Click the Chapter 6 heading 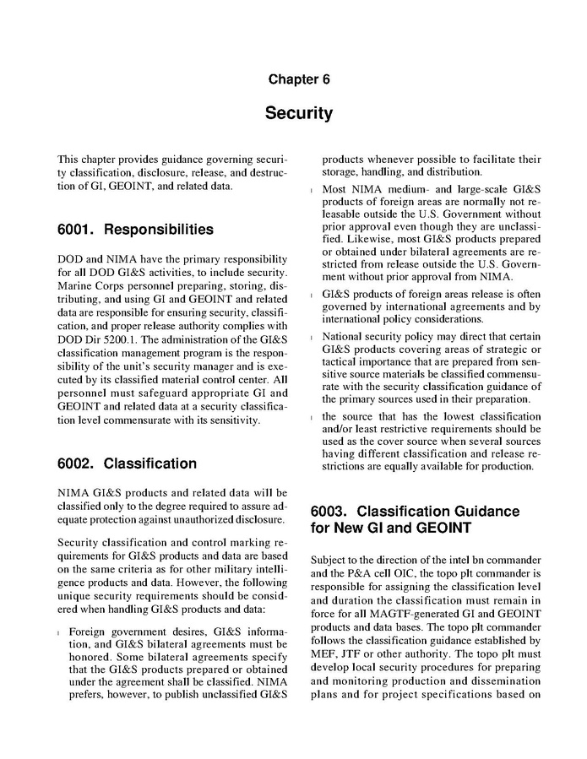click(x=299, y=79)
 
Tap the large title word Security click(x=299, y=113)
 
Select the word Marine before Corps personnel click(x=75, y=285)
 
